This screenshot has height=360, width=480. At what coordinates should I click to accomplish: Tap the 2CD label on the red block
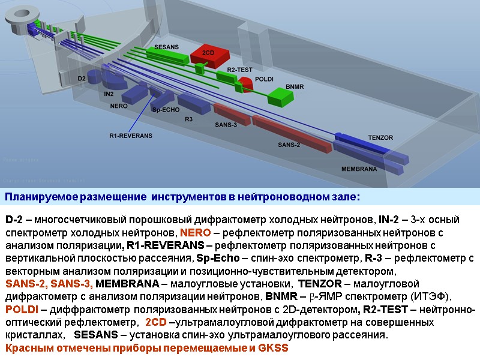coord(208,53)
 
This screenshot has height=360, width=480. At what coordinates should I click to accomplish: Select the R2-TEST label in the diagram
coord(239,70)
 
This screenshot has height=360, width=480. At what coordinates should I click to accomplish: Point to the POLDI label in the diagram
coord(265,79)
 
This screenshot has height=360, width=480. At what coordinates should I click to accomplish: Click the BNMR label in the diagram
coord(295,86)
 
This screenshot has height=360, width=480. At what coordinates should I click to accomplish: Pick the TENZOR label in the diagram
coord(380,138)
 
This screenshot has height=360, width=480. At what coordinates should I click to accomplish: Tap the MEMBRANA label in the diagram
coord(359,169)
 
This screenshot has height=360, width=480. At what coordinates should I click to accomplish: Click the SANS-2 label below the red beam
coord(289,145)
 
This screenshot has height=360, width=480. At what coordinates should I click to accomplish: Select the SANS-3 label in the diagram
coord(226,125)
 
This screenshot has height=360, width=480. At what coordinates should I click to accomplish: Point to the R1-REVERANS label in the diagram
coord(131,136)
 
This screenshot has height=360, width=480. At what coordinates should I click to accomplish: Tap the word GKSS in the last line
coord(275,348)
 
